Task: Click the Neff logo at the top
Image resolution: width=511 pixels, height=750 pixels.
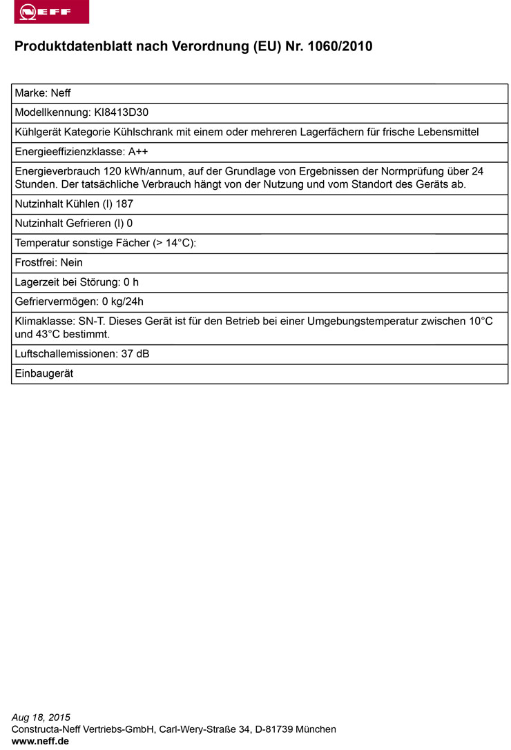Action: pyautogui.click(x=51, y=12)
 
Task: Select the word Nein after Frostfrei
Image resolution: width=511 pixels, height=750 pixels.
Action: pyautogui.click(x=71, y=263)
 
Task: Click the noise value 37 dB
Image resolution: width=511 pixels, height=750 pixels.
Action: pyautogui.click(x=135, y=354)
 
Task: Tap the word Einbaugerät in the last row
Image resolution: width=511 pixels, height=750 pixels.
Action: pyautogui.click(x=44, y=373)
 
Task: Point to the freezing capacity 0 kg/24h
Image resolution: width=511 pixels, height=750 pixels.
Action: pyautogui.click(x=122, y=302)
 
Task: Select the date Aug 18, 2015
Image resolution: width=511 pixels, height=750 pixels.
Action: pyautogui.click(x=41, y=718)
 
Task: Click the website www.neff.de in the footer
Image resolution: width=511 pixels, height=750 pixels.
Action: pyautogui.click(x=40, y=741)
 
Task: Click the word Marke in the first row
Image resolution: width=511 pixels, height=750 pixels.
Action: pyautogui.click(x=30, y=93)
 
